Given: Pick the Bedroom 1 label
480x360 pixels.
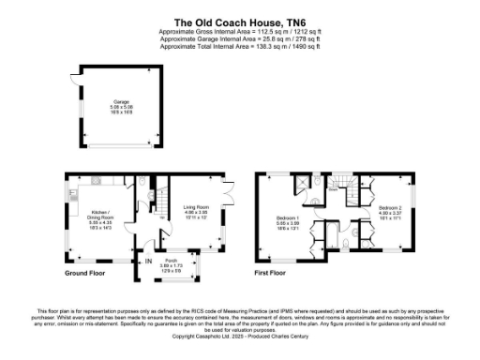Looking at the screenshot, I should pos(288,222).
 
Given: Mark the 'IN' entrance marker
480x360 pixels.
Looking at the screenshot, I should pos(148,262).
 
